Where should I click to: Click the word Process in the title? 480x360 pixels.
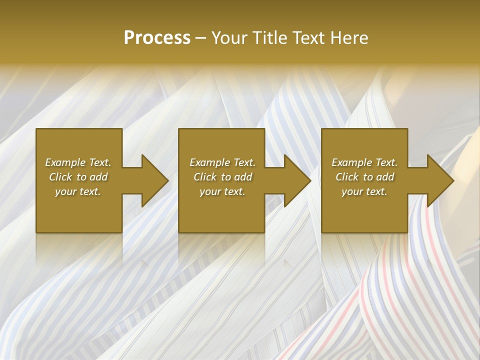(157, 38)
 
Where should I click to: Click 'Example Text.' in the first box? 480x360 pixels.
(78, 162)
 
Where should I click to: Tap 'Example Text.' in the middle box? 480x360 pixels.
(222, 162)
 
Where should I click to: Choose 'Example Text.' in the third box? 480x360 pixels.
(364, 162)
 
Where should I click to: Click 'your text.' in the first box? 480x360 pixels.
(78, 191)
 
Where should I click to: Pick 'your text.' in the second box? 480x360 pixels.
(222, 191)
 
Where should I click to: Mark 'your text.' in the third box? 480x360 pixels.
(364, 191)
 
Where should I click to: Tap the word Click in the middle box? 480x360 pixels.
(205, 177)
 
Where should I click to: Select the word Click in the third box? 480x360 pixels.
(347, 177)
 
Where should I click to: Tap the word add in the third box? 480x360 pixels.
(384, 177)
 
